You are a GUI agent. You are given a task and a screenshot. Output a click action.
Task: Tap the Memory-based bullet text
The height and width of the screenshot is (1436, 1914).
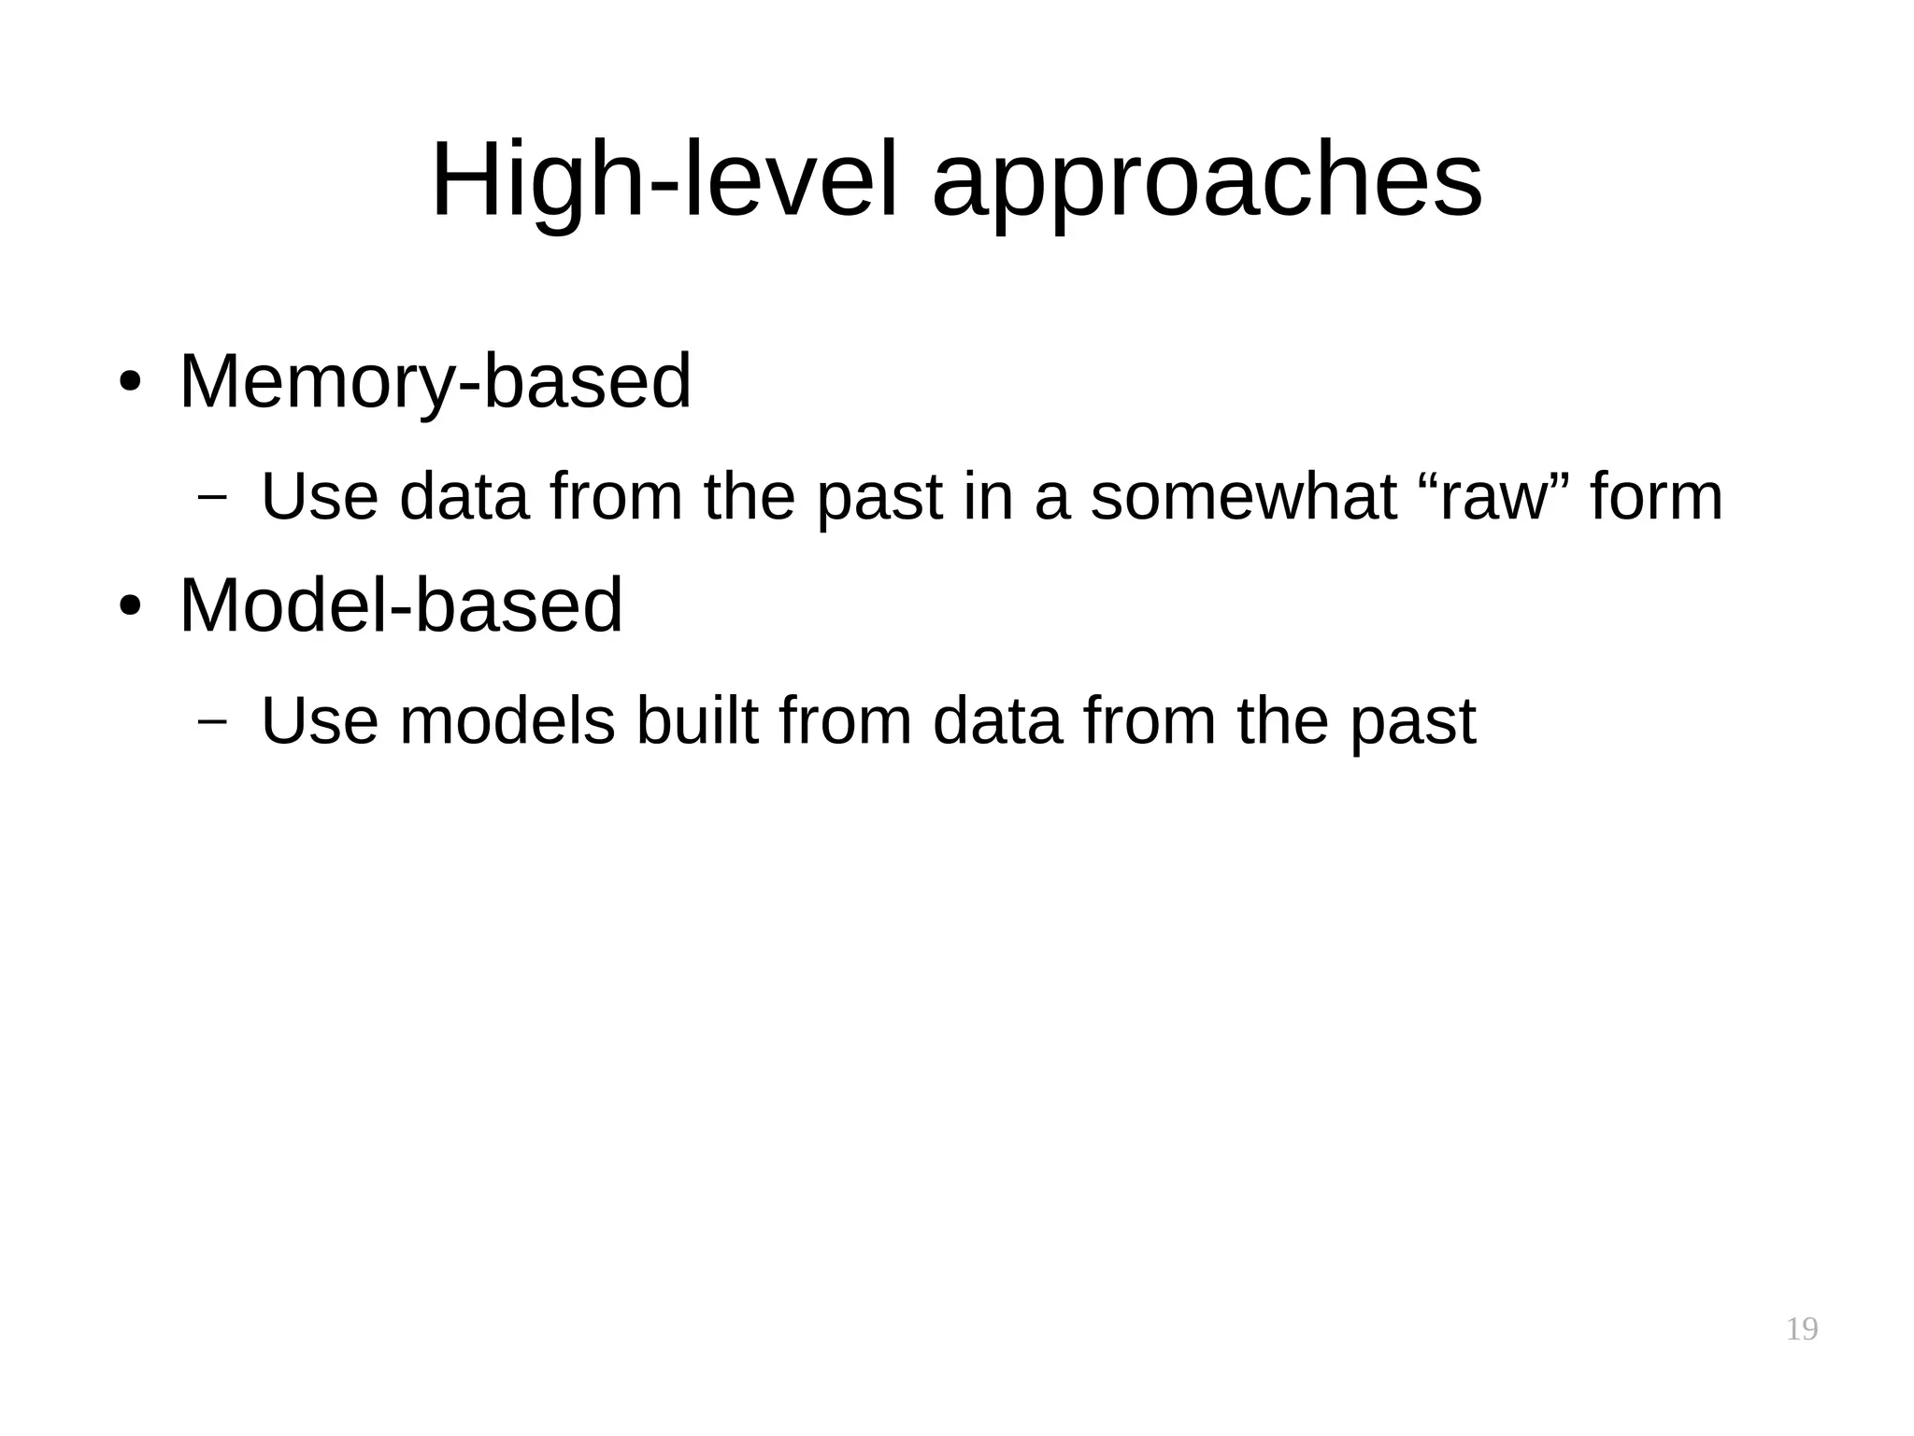click(435, 382)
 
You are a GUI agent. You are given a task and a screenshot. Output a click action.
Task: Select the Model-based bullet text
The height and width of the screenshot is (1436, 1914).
click(400, 605)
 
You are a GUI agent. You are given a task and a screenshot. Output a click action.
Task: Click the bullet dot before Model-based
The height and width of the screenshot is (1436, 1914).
click(129, 606)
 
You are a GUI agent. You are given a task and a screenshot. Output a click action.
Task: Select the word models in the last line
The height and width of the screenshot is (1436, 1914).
click(507, 720)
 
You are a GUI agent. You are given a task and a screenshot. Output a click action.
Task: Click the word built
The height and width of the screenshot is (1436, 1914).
click(696, 720)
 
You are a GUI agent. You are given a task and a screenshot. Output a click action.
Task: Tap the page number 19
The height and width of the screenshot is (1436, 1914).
click(1801, 1329)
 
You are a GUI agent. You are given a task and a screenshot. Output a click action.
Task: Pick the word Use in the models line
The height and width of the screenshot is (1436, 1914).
click(320, 720)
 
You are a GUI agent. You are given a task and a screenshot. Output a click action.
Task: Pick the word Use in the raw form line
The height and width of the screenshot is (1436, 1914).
click(320, 496)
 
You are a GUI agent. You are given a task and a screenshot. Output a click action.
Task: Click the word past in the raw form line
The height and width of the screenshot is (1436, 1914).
click(879, 496)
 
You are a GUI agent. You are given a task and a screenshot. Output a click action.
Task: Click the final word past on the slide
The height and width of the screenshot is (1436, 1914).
click(1412, 720)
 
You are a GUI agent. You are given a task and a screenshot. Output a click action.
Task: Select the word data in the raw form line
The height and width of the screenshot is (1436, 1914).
click(464, 496)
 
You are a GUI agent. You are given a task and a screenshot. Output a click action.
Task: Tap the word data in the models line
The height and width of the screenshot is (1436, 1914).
click(997, 720)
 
